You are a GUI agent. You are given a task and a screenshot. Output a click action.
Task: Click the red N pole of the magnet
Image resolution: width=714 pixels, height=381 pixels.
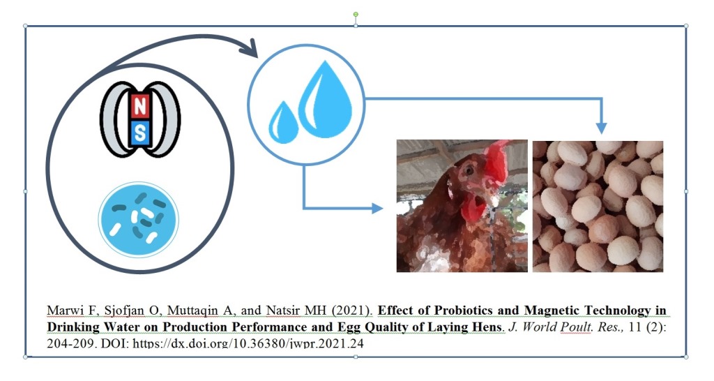139,107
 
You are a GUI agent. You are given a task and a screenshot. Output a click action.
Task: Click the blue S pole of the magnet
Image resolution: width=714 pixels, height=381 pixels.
139,133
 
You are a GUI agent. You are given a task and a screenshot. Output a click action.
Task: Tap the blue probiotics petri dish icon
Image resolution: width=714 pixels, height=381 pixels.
139,220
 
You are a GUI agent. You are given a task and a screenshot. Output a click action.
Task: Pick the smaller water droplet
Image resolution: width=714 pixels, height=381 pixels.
283,122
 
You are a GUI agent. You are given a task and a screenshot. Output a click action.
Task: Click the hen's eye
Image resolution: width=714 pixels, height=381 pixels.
469,170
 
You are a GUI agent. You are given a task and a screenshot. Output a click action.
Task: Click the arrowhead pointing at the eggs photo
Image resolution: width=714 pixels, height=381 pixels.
602,128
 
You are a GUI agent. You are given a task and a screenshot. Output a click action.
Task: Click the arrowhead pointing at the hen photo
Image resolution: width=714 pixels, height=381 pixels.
377,209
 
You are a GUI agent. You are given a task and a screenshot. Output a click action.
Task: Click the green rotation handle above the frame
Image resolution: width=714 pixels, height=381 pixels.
356,15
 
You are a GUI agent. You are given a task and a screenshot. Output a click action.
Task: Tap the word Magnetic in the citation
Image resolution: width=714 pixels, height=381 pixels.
552,311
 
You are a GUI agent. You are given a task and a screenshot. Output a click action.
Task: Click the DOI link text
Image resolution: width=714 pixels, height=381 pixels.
248,343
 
